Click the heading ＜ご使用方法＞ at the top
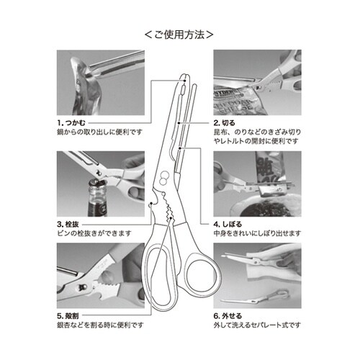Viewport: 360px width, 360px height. click(179, 33)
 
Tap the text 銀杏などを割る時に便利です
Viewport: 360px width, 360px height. click(100, 326)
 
